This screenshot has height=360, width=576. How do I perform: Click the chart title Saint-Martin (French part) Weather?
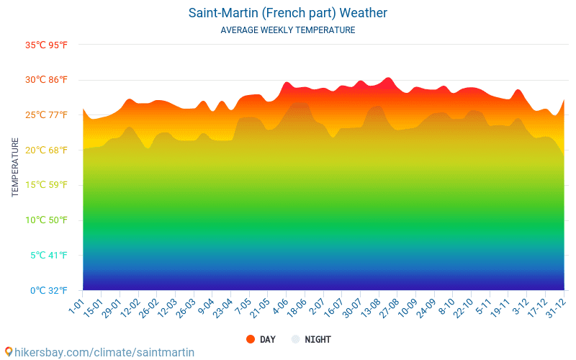[288, 13]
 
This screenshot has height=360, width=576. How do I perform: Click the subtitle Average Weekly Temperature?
[288, 30]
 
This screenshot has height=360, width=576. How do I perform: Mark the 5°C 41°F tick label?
[48, 256]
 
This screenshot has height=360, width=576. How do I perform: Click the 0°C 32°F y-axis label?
[48, 291]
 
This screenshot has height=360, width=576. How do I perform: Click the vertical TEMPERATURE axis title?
[15, 168]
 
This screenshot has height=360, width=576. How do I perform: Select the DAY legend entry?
[267, 340]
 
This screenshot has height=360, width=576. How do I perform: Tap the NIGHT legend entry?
[318, 340]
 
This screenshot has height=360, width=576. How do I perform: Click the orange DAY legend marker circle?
[251, 340]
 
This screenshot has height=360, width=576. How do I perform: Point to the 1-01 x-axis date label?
[76, 304]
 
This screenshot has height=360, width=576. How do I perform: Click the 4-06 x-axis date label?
[280, 305]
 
